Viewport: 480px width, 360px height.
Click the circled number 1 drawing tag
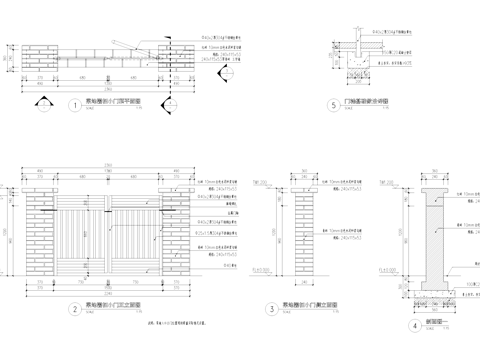pyautogui.click(x=74, y=105)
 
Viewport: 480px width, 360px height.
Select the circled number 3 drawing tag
pyautogui.click(x=272, y=309)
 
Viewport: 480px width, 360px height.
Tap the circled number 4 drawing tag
pyautogui.click(x=414, y=325)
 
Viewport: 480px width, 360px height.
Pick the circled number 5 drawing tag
pyautogui.click(x=332, y=105)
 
